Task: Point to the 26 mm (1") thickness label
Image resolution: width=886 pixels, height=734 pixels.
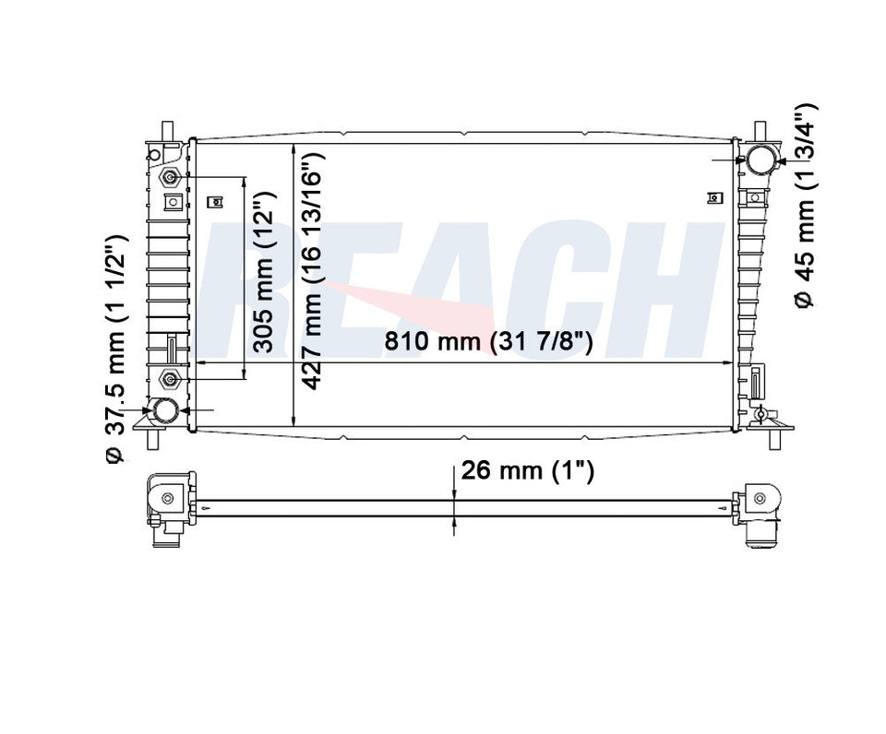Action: click(x=527, y=471)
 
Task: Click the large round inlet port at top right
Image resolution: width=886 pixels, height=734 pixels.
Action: click(x=762, y=159)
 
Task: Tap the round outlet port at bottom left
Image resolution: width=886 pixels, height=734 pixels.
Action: click(x=166, y=410)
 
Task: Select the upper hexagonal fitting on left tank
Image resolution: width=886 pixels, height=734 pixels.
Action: click(x=170, y=177)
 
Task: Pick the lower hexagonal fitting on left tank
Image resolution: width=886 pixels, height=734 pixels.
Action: click(x=170, y=377)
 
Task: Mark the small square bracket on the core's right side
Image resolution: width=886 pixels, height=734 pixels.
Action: click(x=712, y=196)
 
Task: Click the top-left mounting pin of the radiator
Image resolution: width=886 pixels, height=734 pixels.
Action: click(x=165, y=129)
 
